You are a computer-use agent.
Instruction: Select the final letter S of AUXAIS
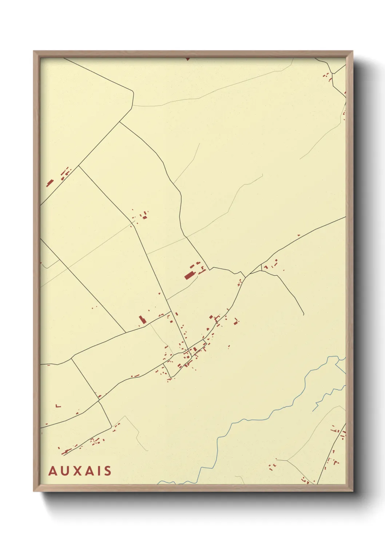pos(107,471)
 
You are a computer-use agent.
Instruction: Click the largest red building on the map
pos(189,275)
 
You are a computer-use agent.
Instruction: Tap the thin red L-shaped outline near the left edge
pos(58,406)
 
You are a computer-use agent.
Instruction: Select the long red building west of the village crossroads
pos(142,320)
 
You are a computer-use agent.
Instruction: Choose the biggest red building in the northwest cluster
pos(50,182)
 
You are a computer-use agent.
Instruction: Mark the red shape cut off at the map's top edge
pos(188,59)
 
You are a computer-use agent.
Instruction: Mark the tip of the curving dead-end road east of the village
pos(303,314)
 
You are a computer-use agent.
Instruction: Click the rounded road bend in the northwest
pos(133,91)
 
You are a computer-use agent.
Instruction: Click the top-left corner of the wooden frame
pos(34,51)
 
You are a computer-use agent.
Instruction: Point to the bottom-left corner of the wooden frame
pos(34,491)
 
